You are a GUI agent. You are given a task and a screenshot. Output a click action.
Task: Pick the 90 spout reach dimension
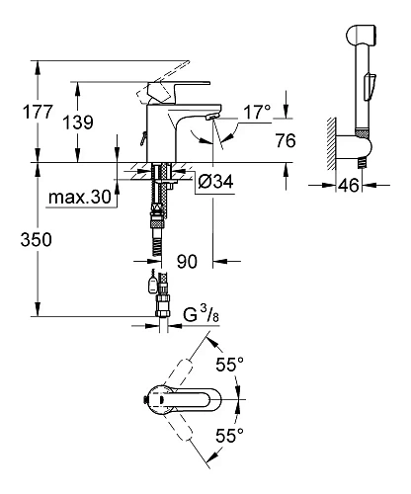coord(188,262)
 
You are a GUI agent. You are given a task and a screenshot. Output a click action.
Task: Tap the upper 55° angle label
coord(229,365)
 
